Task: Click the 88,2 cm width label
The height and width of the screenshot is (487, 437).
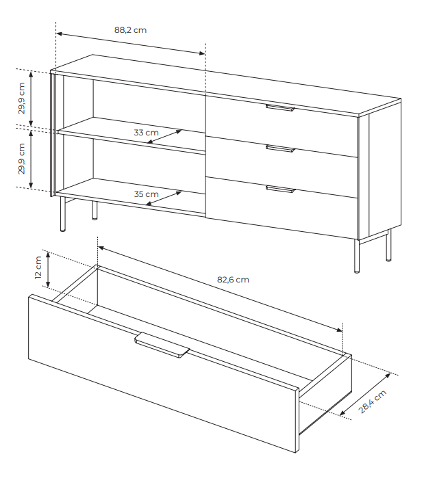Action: point(130,30)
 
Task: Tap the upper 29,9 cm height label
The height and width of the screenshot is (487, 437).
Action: point(21,98)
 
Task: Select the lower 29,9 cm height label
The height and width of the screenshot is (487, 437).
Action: point(21,159)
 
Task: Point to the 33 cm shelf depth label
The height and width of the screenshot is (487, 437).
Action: point(146,133)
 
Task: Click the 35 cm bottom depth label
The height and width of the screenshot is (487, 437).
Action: point(146,194)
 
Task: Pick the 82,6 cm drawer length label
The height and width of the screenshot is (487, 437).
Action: point(233,280)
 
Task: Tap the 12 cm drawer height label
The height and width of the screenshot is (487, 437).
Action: point(38,267)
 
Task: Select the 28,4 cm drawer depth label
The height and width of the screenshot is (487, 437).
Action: point(373,402)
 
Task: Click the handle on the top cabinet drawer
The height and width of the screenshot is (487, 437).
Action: point(280,108)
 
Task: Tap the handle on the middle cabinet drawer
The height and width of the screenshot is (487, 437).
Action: point(280,149)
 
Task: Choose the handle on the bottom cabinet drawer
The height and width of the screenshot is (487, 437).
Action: point(280,189)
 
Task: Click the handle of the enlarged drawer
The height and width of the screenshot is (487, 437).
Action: point(162,345)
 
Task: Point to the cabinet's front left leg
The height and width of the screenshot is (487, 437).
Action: point(63,214)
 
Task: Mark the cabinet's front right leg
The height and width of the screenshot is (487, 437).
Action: point(357,256)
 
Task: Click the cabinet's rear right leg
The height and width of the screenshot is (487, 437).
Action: point(388,246)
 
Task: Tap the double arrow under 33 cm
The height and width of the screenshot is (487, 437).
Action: point(164,137)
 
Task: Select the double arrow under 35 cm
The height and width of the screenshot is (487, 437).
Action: point(164,198)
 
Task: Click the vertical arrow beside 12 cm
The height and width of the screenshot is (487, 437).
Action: point(48,269)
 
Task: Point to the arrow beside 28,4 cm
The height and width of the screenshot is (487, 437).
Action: point(365,395)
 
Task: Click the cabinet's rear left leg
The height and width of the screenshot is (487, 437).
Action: point(95,211)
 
